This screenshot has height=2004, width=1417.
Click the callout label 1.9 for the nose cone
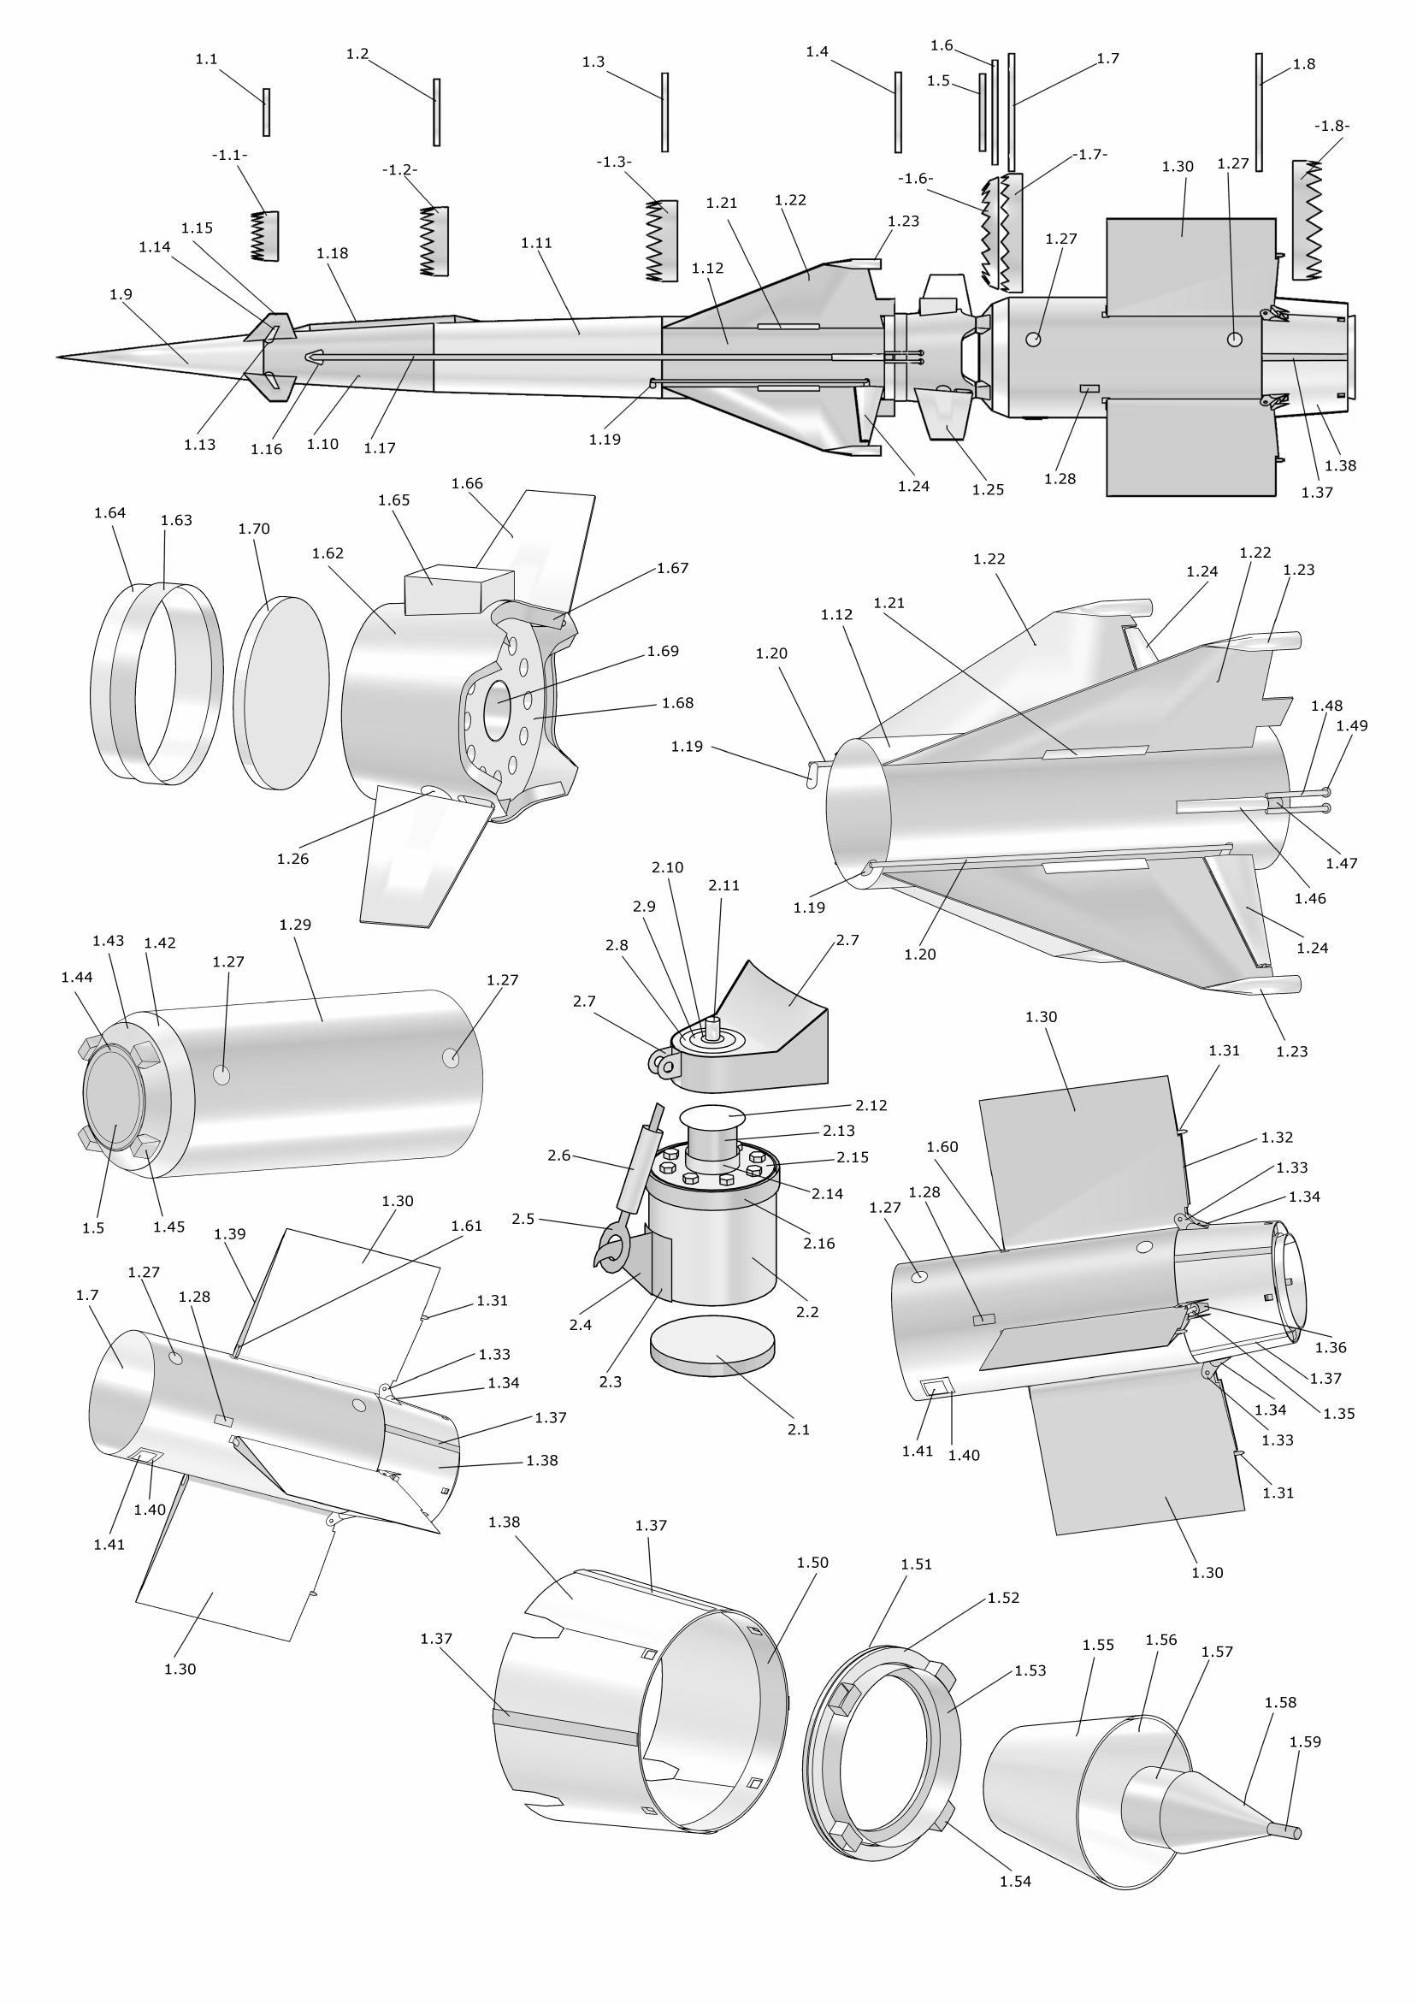pyautogui.click(x=121, y=295)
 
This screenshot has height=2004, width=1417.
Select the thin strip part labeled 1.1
pyautogui.click(x=266, y=112)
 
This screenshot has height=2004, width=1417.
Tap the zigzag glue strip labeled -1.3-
pyautogui.click(x=661, y=242)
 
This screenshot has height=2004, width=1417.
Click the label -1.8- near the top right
pyautogui.click(x=1331, y=126)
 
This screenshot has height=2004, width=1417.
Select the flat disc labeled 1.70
pyautogui.click(x=281, y=694)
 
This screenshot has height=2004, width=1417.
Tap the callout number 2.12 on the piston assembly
pyautogui.click(x=871, y=1106)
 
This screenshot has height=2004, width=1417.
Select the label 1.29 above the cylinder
pyautogui.click(x=295, y=925)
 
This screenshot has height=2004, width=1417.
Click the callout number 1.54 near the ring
pyautogui.click(x=1015, y=1882)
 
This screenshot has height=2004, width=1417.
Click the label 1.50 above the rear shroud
pyautogui.click(x=812, y=1563)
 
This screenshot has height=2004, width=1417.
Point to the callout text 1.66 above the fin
pyautogui.click(x=467, y=483)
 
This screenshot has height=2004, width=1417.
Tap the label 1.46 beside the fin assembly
pyautogui.click(x=1310, y=898)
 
